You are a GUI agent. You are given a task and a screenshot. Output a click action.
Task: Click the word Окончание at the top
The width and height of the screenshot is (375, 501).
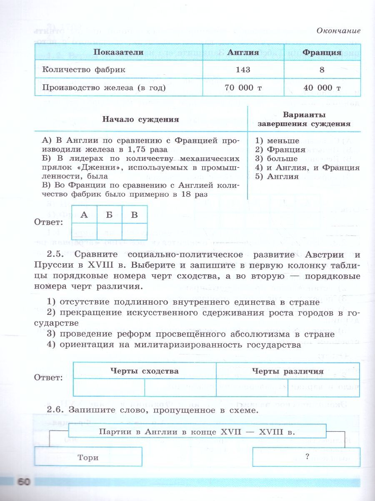pyautogui.click(x=338, y=30)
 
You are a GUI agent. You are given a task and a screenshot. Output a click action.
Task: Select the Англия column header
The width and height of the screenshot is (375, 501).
pyautogui.click(x=243, y=52)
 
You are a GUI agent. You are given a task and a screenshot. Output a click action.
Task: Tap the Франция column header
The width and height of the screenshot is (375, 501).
pyautogui.click(x=322, y=52)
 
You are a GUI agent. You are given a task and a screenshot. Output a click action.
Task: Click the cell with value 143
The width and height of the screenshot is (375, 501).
pyautogui.click(x=243, y=70)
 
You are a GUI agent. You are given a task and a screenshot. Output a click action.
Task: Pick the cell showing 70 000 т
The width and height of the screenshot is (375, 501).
pyautogui.click(x=243, y=87)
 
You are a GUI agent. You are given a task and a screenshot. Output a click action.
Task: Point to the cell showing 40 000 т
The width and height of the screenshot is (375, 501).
pyautogui.click(x=322, y=87)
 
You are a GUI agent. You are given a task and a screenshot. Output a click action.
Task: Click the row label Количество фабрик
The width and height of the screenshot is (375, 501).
pyautogui.click(x=84, y=70)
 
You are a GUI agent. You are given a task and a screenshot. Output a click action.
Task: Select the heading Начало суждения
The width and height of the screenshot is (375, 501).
pyautogui.click(x=140, y=119)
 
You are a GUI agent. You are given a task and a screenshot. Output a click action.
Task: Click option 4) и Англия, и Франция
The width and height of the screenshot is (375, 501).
pyautogui.click(x=307, y=167)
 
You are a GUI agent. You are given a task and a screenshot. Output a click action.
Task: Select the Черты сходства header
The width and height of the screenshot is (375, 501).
pyautogui.click(x=145, y=371)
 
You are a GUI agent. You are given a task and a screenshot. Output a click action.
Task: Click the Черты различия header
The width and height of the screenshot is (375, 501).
pyautogui.click(x=288, y=371)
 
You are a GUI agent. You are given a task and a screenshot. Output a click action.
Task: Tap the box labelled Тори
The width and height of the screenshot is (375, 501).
pyautogui.click(x=88, y=457)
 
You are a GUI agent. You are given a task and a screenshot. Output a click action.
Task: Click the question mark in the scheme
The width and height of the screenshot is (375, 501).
pyautogui.click(x=307, y=456)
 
